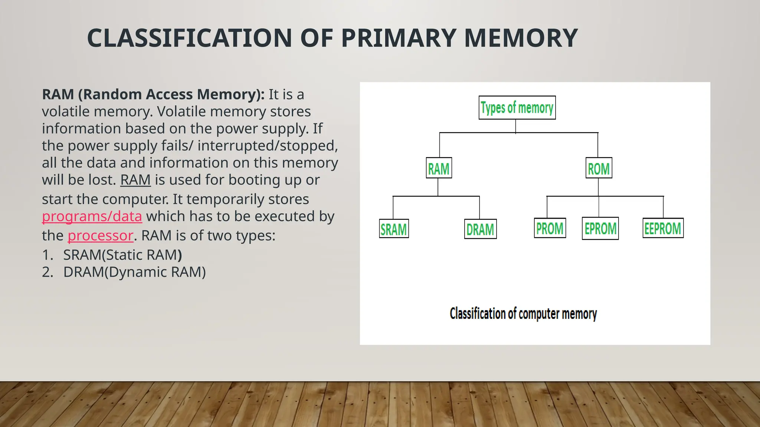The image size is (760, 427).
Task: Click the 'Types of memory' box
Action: click(x=517, y=107)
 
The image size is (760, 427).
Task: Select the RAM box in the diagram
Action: click(x=439, y=168)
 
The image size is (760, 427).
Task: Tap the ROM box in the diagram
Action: click(x=599, y=168)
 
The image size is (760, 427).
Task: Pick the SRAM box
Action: click(x=394, y=229)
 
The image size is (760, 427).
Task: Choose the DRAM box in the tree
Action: click(x=480, y=229)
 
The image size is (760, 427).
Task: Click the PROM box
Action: click(x=550, y=228)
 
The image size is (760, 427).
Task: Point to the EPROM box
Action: click(x=600, y=228)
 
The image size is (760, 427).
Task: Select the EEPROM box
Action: click(x=663, y=228)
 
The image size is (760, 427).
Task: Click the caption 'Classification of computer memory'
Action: click(x=523, y=314)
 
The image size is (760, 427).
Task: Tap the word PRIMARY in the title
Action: click(x=398, y=38)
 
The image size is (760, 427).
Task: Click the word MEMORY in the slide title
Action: click(x=521, y=38)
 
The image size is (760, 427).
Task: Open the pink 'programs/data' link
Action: click(x=92, y=216)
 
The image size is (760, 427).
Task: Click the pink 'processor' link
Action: click(x=100, y=235)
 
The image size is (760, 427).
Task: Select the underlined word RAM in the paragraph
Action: click(x=135, y=180)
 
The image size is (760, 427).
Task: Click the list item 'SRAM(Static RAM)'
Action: click(x=122, y=255)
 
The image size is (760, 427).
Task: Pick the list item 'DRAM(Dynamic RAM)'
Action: click(x=134, y=272)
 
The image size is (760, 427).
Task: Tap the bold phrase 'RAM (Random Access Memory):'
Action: click(x=153, y=95)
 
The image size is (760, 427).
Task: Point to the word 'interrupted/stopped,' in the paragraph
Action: click(x=268, y=146)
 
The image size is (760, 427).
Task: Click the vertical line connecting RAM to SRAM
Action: click(x=393, y=208)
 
